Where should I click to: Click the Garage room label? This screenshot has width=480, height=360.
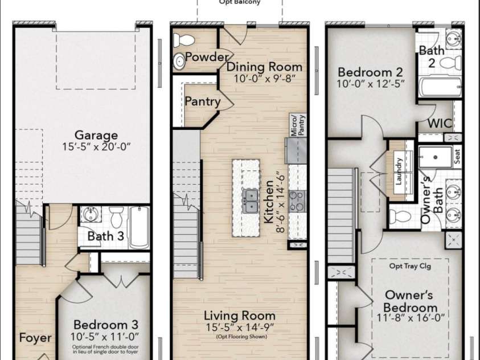click(x=96, y=135)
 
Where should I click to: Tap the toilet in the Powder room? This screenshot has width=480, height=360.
click(x=184, y=40)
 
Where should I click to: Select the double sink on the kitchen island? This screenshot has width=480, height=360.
click(x=250, y=201)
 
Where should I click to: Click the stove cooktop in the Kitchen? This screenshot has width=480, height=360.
click(x=296, y=201)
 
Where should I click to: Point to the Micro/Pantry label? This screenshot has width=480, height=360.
click(x=298, y=125)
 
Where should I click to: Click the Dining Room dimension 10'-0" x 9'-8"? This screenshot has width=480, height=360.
click(x=265, y=79)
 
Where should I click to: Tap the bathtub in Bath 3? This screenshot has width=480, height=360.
click(x=140, y=227)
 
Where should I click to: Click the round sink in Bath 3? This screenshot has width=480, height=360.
click(x=91, y=214)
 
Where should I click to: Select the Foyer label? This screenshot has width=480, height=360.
click(x=35, y=338)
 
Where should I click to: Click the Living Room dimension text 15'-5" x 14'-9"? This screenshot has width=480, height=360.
click(x=240, y=327)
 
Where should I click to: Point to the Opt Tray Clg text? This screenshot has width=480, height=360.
click(x=410, y=265)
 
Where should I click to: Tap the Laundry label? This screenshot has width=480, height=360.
click(x=399, y=171)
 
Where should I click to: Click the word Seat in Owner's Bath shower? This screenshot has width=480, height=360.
click(x=457, y=156)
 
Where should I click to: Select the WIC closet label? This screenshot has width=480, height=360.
click(x=440, y=124)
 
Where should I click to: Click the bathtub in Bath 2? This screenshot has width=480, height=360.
click(x=440, y=87)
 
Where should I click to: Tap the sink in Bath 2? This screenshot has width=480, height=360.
click(x=454, y=39)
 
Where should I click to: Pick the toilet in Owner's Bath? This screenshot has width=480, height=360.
click(x=400, y=216)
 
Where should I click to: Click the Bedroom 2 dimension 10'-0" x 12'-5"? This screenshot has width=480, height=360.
click(x=371, y=84)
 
